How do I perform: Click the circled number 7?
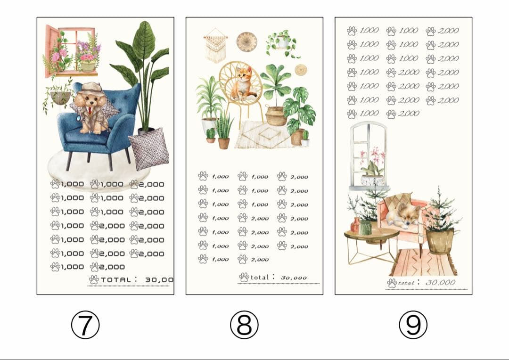[x=85, y=325]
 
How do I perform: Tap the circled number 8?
[x=244, y=325]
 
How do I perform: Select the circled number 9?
[x=413, y=325]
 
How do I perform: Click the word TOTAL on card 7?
[x=115, y=279]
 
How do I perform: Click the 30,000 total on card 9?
[x=441, y=283]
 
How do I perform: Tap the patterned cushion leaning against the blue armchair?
[x=148, y=150]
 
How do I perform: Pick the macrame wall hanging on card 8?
[x=216, y=47]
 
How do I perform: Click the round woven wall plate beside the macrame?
[x=246, y=42]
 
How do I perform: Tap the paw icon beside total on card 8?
[x=244, y=277]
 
